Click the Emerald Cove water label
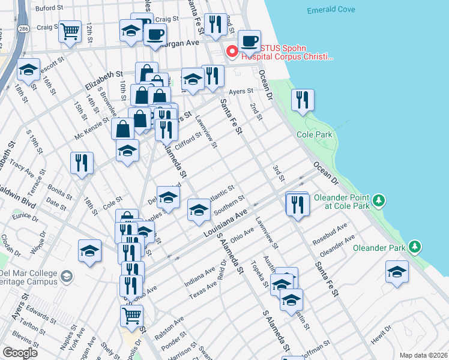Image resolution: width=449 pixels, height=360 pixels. click(331, 10)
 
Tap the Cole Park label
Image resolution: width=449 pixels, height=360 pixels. click(315, 135)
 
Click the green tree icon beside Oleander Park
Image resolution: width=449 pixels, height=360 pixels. click(415, 247)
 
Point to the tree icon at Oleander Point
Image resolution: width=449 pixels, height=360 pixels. click(378, 199)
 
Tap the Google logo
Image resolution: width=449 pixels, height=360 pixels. click(20, 352)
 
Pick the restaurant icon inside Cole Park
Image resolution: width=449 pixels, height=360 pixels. click(303, 99)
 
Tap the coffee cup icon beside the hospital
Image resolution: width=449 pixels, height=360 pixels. click(249, 41)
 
